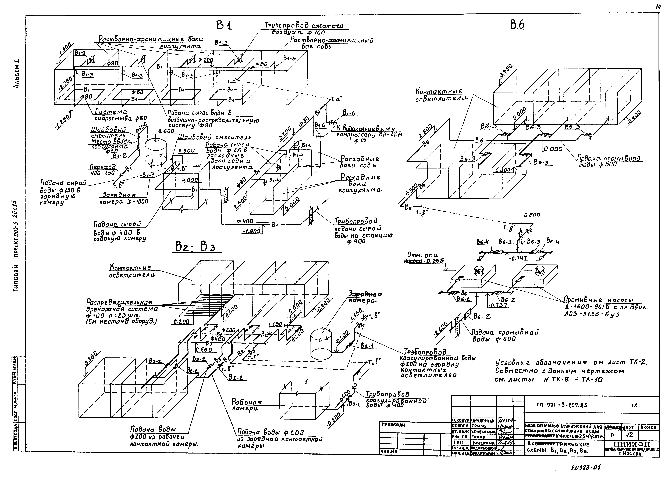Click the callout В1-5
(x=290, y=58)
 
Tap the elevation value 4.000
(x=190, y=180)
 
